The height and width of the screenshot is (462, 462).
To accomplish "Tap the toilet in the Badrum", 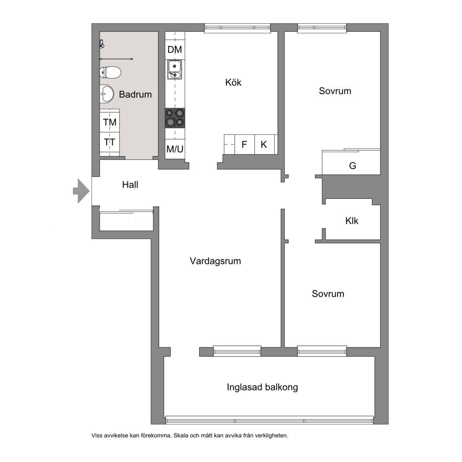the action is (111, 72).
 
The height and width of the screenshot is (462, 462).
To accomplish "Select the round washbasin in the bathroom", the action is (107, 94).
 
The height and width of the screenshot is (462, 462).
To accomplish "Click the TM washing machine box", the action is (109, 122).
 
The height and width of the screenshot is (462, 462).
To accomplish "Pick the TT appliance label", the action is (109, 142).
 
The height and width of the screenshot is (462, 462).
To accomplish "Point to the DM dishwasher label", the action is (175, 49).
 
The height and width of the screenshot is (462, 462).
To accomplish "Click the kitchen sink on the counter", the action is (175, 69).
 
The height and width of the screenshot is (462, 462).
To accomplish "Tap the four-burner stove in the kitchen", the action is (175, 118).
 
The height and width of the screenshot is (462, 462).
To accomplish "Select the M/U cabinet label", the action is (175, 149).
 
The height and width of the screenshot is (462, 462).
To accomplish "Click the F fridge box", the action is (245, 144).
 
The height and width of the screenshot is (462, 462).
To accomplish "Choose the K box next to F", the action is (264, 144).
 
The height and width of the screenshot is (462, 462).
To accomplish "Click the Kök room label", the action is (233, 83).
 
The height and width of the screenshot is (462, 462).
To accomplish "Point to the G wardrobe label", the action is (353, 166).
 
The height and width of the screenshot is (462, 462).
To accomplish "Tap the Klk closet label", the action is (352, 221).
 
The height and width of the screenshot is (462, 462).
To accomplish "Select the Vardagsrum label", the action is (215, 261).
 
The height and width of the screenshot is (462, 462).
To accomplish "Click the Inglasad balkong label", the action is (262, 387).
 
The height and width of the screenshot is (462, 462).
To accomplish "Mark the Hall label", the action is (130, 185).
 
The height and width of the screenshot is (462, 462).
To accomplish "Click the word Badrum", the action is (136, 94).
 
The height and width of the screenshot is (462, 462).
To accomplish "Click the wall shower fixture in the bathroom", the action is (101, 44).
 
